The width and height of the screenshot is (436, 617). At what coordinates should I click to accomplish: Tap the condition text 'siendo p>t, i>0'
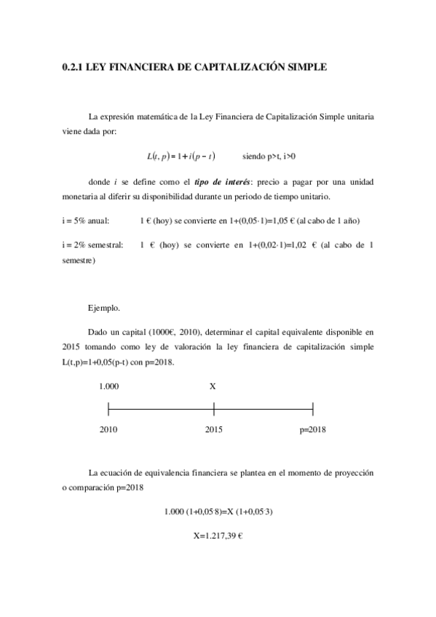269,156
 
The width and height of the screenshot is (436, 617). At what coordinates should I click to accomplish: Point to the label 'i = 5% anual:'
84,220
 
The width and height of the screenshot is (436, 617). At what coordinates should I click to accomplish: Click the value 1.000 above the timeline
109,386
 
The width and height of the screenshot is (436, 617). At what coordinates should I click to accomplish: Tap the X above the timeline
213,386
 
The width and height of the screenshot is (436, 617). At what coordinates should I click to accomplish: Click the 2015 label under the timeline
213,429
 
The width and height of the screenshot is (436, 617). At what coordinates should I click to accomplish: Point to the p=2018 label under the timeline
312,429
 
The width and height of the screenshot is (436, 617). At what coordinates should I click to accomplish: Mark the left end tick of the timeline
108,408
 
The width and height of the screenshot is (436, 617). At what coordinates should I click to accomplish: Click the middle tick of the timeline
213,408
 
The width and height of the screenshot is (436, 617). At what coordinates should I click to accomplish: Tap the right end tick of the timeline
312,408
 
